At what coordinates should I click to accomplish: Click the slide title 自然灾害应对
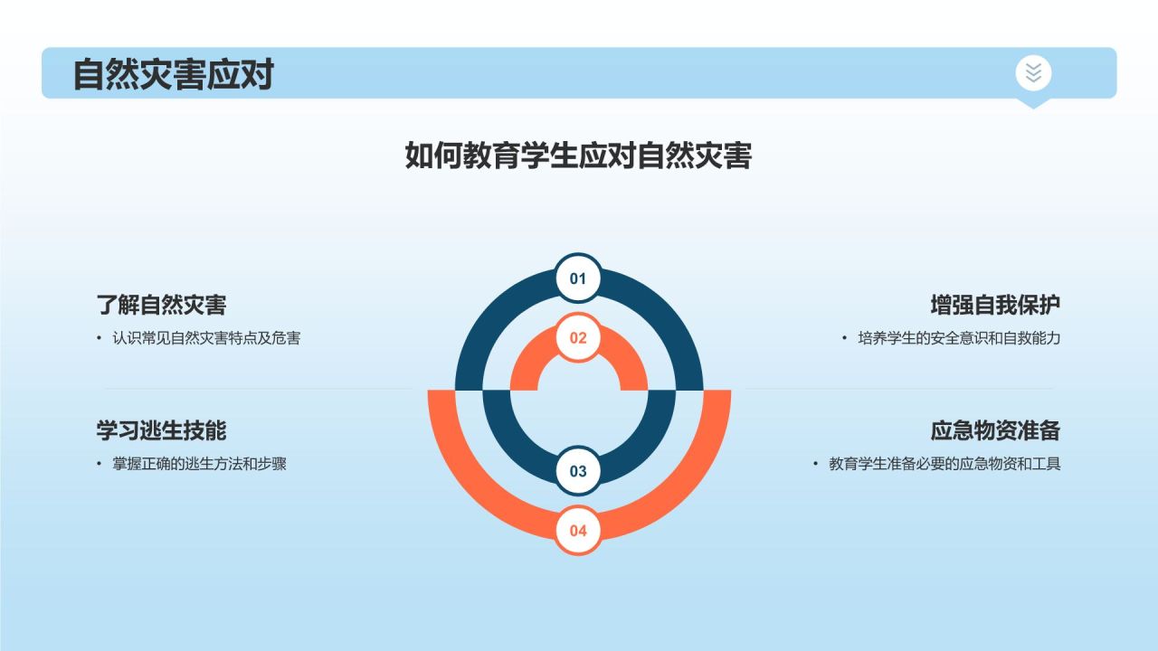pos(173,74)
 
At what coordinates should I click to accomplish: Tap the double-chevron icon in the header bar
pos(1033,72)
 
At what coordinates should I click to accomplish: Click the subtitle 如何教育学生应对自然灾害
pos(578,156)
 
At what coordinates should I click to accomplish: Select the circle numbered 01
pos(578,278)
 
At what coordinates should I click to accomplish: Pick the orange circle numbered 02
pos(578,338)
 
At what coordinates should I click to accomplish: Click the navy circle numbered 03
pos(578,471)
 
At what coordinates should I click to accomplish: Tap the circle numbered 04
pos(578,531)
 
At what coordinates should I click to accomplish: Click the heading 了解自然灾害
pos(161,305)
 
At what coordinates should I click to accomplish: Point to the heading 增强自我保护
pos(995,305)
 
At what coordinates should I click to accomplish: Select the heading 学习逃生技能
pos(161,429)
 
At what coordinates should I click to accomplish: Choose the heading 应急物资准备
pos(995,429)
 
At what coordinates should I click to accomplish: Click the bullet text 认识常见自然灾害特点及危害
pos(206,338)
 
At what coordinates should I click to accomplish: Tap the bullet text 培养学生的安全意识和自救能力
pos(959,338)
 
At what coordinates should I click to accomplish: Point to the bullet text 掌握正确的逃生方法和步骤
pos(199,464)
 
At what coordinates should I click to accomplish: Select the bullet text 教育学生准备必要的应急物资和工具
pos(944,464)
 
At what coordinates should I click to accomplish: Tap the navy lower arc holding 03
pos(516,443)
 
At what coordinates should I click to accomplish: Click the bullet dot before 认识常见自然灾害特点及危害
pos(100,338)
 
